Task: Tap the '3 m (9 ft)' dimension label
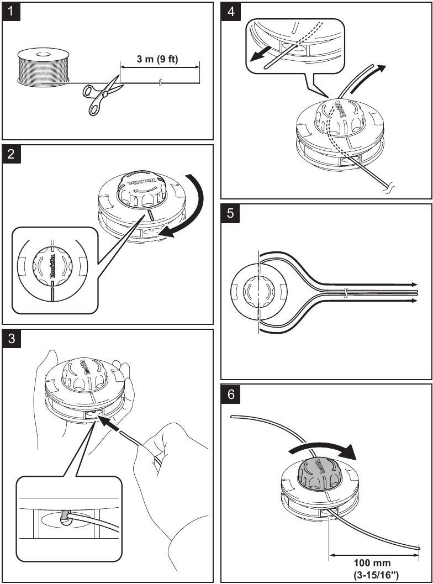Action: point(157,59)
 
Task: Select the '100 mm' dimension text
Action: point(374,562)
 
